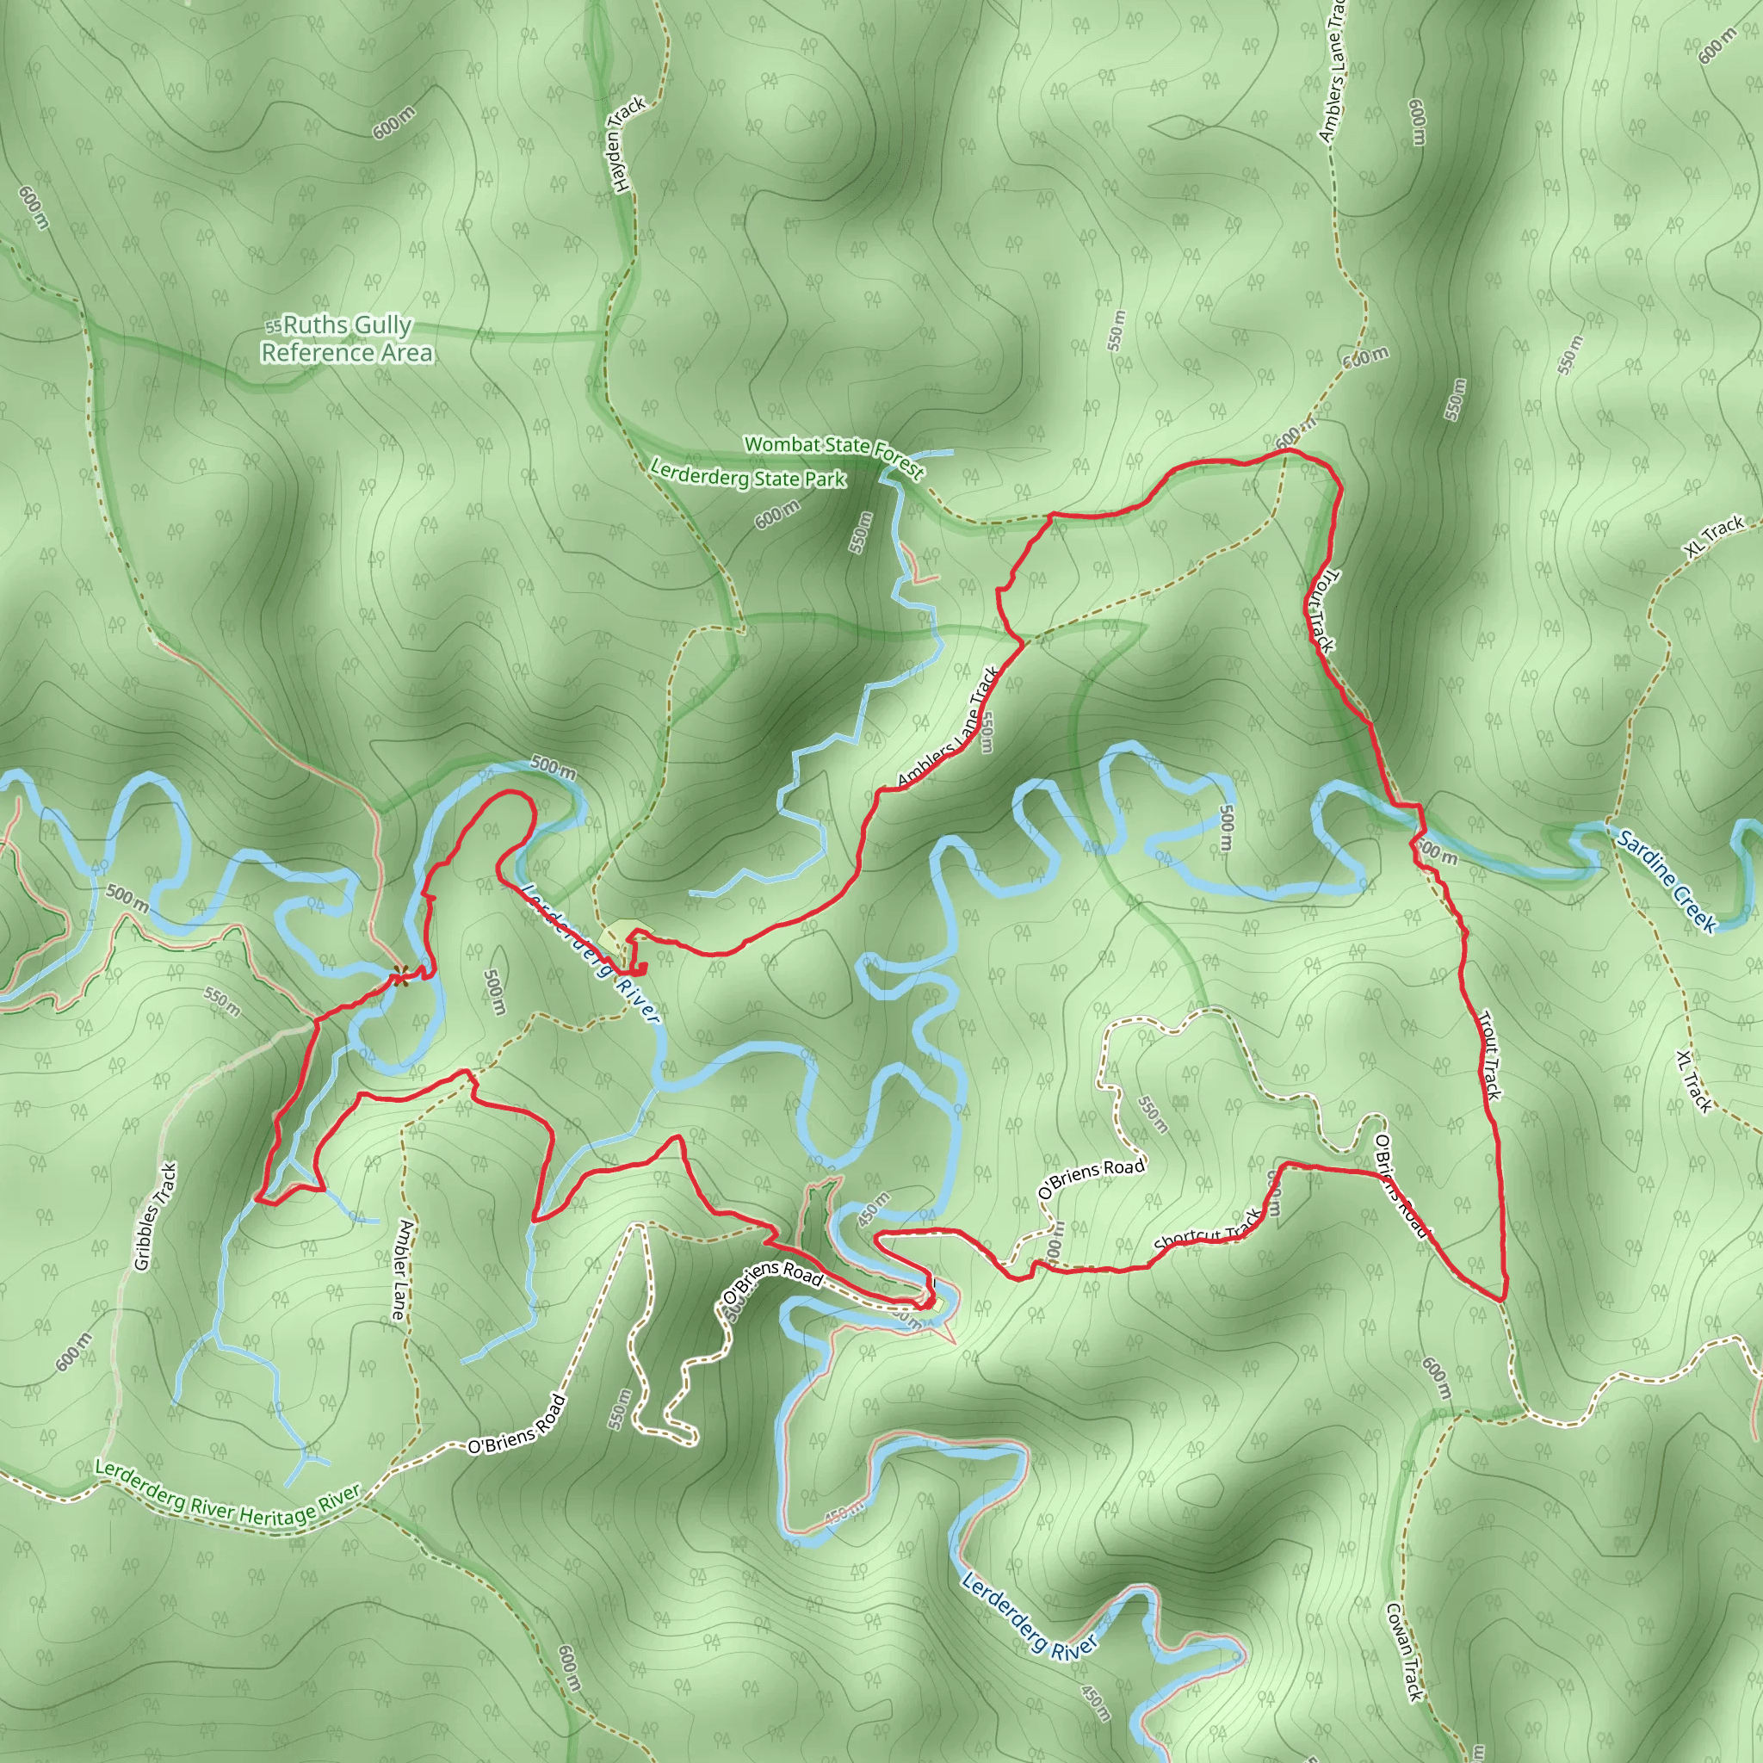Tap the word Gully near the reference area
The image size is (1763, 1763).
tap(380, 325)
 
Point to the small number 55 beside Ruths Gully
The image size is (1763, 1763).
tap(273, 326)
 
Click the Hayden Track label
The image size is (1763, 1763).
tap(628, 144)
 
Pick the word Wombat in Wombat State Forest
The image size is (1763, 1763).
tap(781, 444)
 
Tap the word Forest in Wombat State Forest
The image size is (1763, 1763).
tap(899, 461)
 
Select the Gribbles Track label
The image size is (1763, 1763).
tap(155, 1216)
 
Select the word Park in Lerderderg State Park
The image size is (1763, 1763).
tap(826, 480)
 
